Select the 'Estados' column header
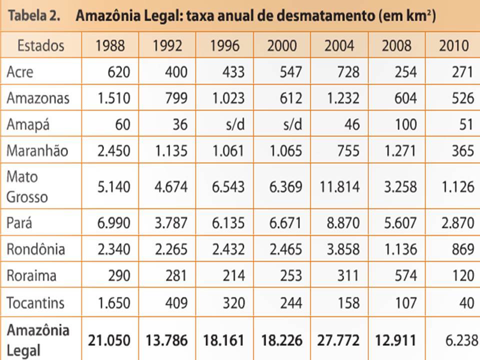pyautogui.click(x=40, y=45)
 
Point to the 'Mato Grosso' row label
pyautogui.click(x=27, y=186)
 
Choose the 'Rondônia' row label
pyautogui.click(x=36, y=249)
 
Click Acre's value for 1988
pyautogui.click(x=118, y=72)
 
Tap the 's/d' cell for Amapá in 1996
pyautogui.click(x=233, y=124)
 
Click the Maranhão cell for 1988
pyautogui.click(x=113, y=150)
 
